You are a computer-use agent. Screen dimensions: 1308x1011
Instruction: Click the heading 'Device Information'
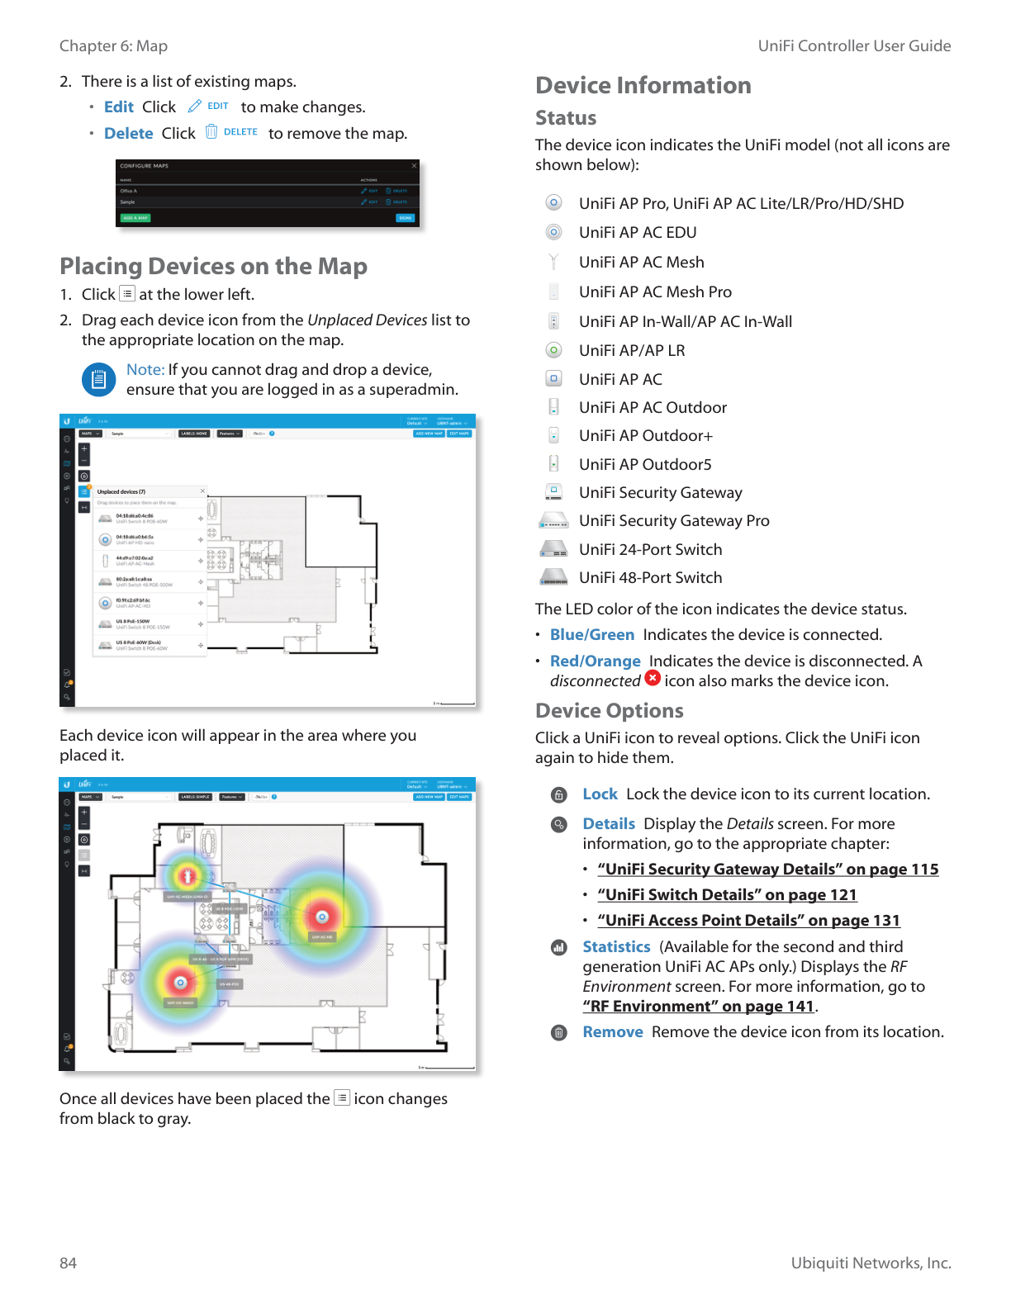(x=643, y=85)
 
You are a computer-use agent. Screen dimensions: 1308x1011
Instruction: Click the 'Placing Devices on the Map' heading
(x=213, y=266)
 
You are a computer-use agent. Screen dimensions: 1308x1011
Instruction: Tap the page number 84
(x=68, y=1263)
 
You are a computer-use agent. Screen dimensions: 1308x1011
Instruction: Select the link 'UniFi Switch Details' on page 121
(x=727, y=894)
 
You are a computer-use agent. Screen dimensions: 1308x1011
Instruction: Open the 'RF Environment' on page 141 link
(x=699, y=1006)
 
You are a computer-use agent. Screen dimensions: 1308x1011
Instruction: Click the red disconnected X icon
(x=653, y=678)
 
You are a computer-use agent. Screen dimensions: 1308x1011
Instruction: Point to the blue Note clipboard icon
(x=98, y=380)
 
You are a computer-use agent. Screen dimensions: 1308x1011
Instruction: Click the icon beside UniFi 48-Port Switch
(x=553, y=577)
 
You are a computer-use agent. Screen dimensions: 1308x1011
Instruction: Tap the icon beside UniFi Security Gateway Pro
(x=553, y=521)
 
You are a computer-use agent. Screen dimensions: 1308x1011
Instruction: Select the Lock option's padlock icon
(x=559, y=795)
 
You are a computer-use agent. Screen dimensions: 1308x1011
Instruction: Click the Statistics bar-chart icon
(x=559, y=947)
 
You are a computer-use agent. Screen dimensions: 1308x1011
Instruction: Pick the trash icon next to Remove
(x=559, y=1032)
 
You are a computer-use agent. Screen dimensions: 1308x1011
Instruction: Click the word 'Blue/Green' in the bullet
(x=591, y=634)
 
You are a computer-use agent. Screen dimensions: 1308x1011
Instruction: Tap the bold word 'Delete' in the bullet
(x=128, y=133)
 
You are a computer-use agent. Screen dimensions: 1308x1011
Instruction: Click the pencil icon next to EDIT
(x=195, y=106)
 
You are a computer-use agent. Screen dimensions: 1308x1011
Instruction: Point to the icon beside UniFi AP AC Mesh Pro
(x=553, y=291)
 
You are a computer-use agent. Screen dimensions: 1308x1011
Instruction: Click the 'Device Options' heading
(x=609, y=710)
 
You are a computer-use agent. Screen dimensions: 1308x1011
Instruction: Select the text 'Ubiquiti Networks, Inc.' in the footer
(x=871, y=1263)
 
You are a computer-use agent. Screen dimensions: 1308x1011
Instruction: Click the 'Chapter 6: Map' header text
(x=113, y=46)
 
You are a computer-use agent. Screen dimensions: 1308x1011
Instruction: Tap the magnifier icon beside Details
(x=559, y=824)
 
